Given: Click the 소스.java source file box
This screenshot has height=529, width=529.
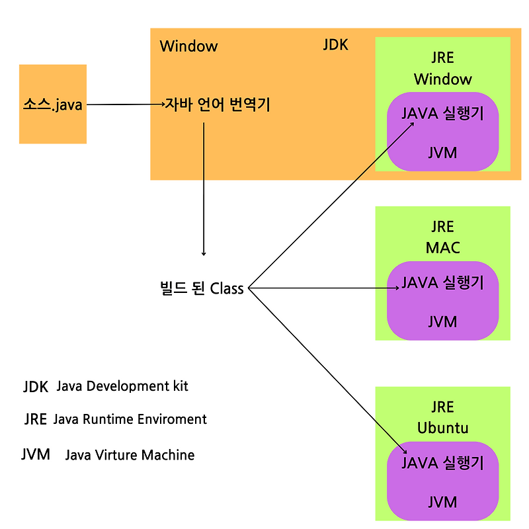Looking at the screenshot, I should (53, 104).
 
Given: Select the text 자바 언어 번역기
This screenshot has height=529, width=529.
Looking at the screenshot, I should (218, 104).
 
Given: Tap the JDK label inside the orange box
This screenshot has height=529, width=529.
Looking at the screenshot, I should (335, 45).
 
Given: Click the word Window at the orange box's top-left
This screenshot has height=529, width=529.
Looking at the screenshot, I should (188, 46).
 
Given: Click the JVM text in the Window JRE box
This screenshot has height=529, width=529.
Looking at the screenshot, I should (442, 153).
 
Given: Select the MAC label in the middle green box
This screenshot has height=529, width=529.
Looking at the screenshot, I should (442, 248).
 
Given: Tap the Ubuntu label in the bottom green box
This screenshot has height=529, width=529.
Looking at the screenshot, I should (442, 428).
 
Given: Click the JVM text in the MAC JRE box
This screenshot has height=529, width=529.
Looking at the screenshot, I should (442, 321).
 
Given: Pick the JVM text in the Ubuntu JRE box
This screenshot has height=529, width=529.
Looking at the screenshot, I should (442, 502).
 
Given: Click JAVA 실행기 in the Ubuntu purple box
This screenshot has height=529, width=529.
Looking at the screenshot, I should (442, 463).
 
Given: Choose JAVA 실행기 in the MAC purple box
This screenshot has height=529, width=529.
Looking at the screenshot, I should (442, 283).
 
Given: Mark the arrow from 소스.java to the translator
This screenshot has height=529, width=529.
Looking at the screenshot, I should (126, 104).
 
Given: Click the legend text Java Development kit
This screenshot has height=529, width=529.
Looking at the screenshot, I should (122, 386).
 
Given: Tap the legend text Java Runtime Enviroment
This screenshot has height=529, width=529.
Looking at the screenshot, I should (130, 419).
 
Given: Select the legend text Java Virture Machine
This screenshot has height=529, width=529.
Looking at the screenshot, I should (130, 455).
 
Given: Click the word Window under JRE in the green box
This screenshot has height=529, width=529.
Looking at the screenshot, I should (442, 79).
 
